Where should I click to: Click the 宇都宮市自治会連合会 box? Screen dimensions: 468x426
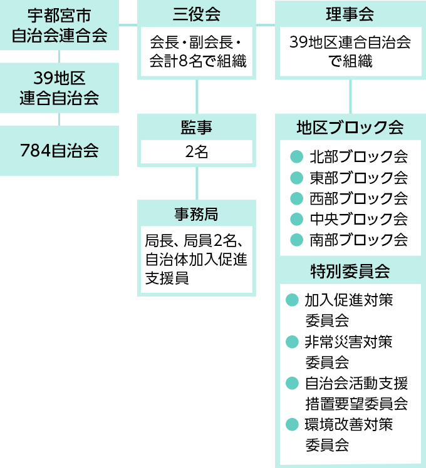[x=59, y=25]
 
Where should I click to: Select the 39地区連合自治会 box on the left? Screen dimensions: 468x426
[x=59, y=88]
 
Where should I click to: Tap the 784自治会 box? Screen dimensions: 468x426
[x=59, y=150]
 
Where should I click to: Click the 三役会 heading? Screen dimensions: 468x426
[x=196, y=13]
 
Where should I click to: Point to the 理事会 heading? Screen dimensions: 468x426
[x=350, y=13]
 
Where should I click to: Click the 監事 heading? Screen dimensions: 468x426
[x=196, y=128]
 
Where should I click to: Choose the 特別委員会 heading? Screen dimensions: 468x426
[x=350, y=272]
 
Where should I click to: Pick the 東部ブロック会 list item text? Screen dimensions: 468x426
[x=358, y=178]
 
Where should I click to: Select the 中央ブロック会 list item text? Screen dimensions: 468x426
[x=358, y=219]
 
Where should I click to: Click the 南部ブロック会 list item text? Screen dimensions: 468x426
[x=358, y=240]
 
